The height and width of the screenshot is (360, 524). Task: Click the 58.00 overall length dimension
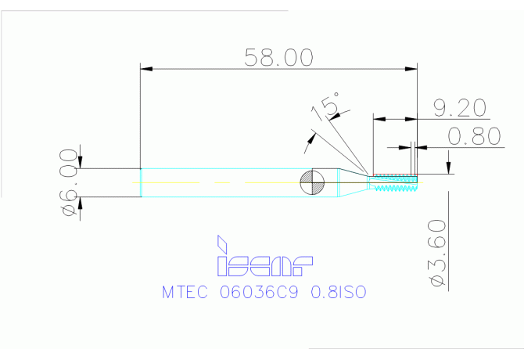(x=279, y=57)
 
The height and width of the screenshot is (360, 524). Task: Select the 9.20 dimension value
(x=460, y=108)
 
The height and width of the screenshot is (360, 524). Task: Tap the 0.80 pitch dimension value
(x=474, y=136)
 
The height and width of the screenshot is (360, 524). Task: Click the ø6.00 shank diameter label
(x=68, y=182)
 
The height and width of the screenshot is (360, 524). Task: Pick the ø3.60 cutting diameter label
(x=436, y=253)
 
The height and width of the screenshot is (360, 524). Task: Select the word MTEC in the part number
(x=185, y=292)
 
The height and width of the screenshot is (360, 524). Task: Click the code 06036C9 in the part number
(x=259, y=292)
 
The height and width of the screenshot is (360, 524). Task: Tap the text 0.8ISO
(x=339, y=292)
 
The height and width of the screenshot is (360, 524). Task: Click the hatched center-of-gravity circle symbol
(x=312, y=182)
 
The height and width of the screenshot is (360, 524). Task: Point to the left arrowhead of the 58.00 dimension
(x=146, y=69)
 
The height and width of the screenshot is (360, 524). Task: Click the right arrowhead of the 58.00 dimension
(x=411, y=69)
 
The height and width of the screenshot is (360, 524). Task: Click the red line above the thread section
(x=395, y=175)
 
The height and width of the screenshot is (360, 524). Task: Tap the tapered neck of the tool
(x=354, y=182)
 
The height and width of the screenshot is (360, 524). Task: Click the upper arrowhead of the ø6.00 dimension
(x=81, y=163)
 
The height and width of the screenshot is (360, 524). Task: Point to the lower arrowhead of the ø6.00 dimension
(x=81, y=203)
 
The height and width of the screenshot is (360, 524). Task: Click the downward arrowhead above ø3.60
(x=448, y=167)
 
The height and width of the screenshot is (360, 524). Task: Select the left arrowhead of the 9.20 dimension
(x=379, y=119)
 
